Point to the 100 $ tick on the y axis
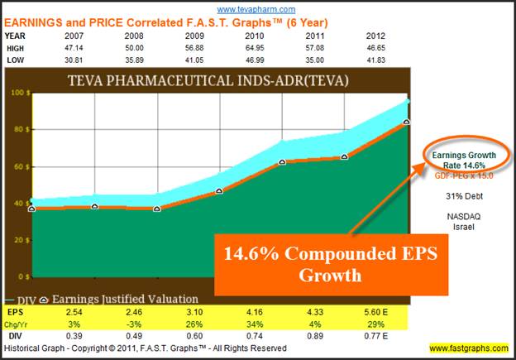tap(17, 94)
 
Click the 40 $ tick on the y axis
tap(17, 203)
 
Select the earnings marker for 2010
tap(282, 161)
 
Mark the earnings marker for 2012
tap(406, 122)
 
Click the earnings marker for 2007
tap(32, 209)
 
